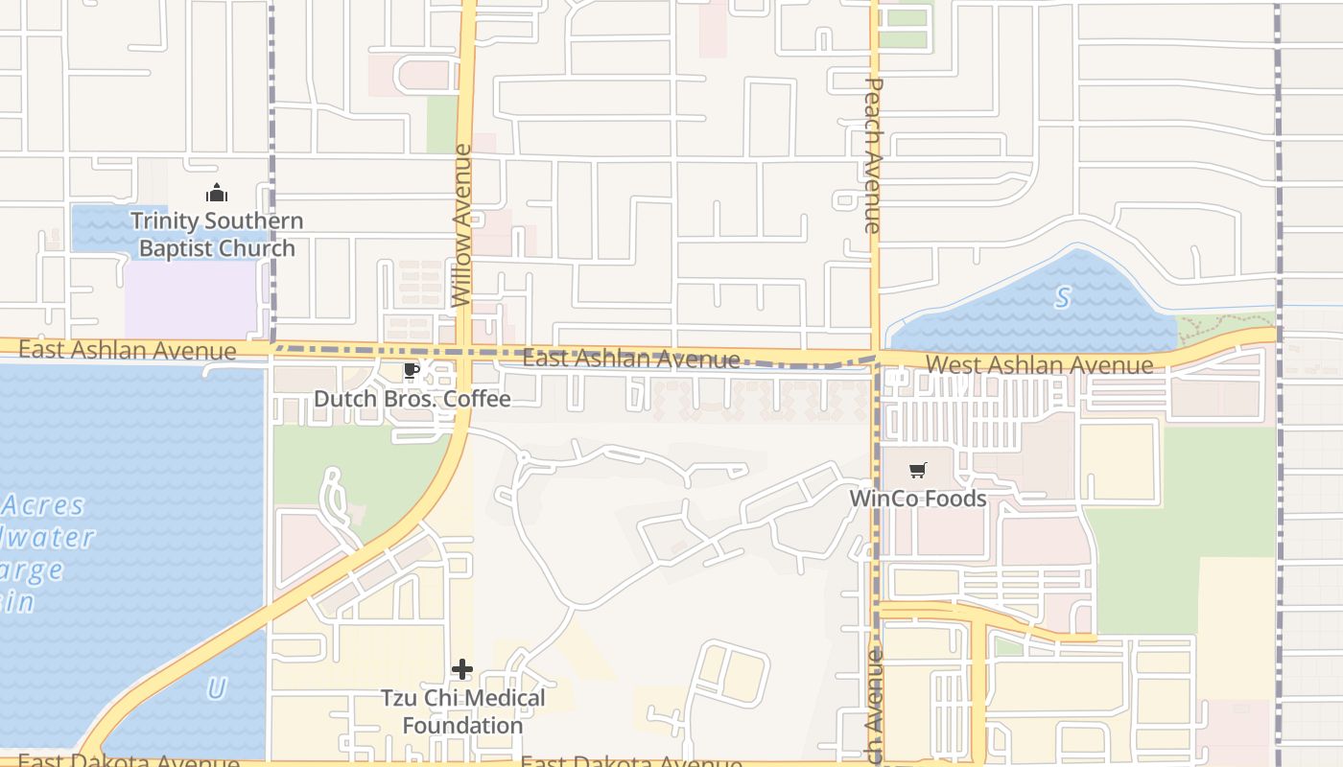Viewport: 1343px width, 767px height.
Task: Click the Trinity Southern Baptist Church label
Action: click(x=217, y=235)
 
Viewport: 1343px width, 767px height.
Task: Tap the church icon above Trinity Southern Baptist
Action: click(x=217, y=194)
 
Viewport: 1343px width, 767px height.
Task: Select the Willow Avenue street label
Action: click(x=462, y=225)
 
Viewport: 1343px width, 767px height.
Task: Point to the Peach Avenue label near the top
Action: click(x=872, y=156)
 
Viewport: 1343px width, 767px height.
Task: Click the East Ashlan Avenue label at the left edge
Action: click(x=127, y=350)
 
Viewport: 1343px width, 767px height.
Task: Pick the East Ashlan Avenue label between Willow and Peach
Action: click(x=630, y=360)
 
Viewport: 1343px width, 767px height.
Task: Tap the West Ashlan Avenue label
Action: click(x=1040, y=365)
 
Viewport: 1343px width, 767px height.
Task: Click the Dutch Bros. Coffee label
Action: click(x=412, y=398)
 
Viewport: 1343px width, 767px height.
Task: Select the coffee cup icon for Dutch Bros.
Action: click(x=412, y=371)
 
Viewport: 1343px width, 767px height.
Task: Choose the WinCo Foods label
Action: click(x=918, y=499)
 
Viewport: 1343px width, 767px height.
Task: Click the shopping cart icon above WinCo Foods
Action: click(x=918, y=471)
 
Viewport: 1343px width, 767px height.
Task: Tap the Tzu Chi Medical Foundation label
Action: click(x=462, y=711)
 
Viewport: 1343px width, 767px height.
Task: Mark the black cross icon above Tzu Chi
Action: click(x=462, y=669)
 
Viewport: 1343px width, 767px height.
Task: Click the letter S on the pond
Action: click(x=1063, y=298)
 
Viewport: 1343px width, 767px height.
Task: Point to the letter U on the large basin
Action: click(x=217, y=688)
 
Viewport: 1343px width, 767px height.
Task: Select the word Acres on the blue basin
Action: click(x=43, y=505)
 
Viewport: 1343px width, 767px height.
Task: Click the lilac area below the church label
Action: click(x=192, y=297)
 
